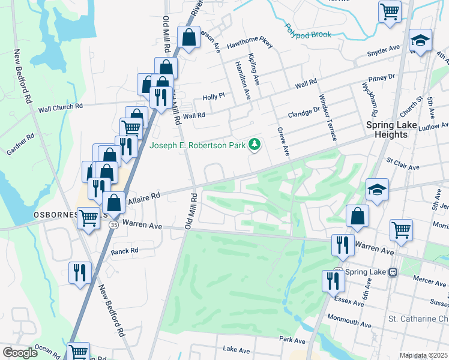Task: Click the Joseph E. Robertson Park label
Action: click(x=199, y=145)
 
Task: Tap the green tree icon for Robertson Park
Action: click(x=255, y=145)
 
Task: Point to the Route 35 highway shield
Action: click(x=113, y=225)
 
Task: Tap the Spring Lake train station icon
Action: click(x=393, y=271)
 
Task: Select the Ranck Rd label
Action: click(x=124, y=251)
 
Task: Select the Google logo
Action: click(x=20, y=353)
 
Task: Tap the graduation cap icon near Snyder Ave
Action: click(x=420, y=41)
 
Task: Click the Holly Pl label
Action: click(x=213, y=96)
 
